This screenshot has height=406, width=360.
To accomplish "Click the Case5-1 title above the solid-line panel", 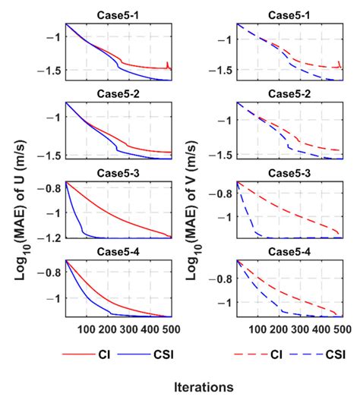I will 118,14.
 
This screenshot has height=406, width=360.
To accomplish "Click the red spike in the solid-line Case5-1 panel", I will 167,64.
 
